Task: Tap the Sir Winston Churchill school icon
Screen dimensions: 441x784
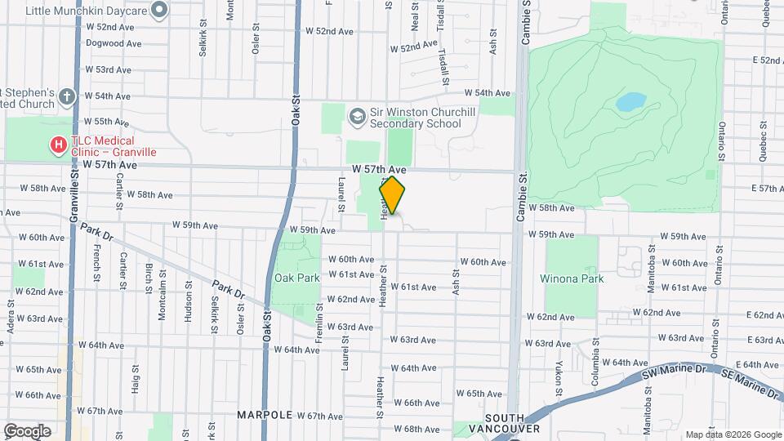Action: point(356,117)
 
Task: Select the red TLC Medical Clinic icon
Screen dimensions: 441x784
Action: point(59,145)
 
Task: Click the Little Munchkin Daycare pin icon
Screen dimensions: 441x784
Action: point(160,10)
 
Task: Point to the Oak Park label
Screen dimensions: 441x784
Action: point(297,278)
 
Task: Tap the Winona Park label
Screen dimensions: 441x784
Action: point(572,278)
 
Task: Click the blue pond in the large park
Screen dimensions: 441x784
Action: point(630,102)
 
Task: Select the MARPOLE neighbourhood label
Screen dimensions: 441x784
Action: point(265,415)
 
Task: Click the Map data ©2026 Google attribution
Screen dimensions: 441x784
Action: point(733,434)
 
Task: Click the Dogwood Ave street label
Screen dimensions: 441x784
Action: point(114,42)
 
